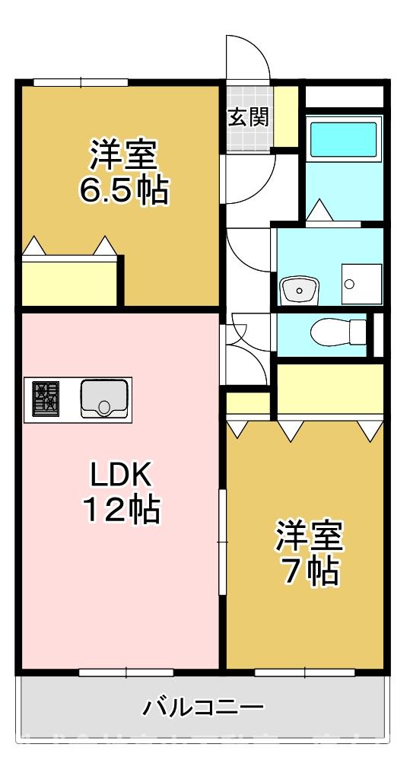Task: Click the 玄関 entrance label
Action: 248,117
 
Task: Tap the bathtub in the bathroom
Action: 344,138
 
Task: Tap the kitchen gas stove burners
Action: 45,399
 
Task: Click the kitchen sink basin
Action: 105,397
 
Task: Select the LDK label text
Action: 122,477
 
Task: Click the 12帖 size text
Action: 122,510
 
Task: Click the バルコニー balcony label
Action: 203,708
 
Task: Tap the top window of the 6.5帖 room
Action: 80,82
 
